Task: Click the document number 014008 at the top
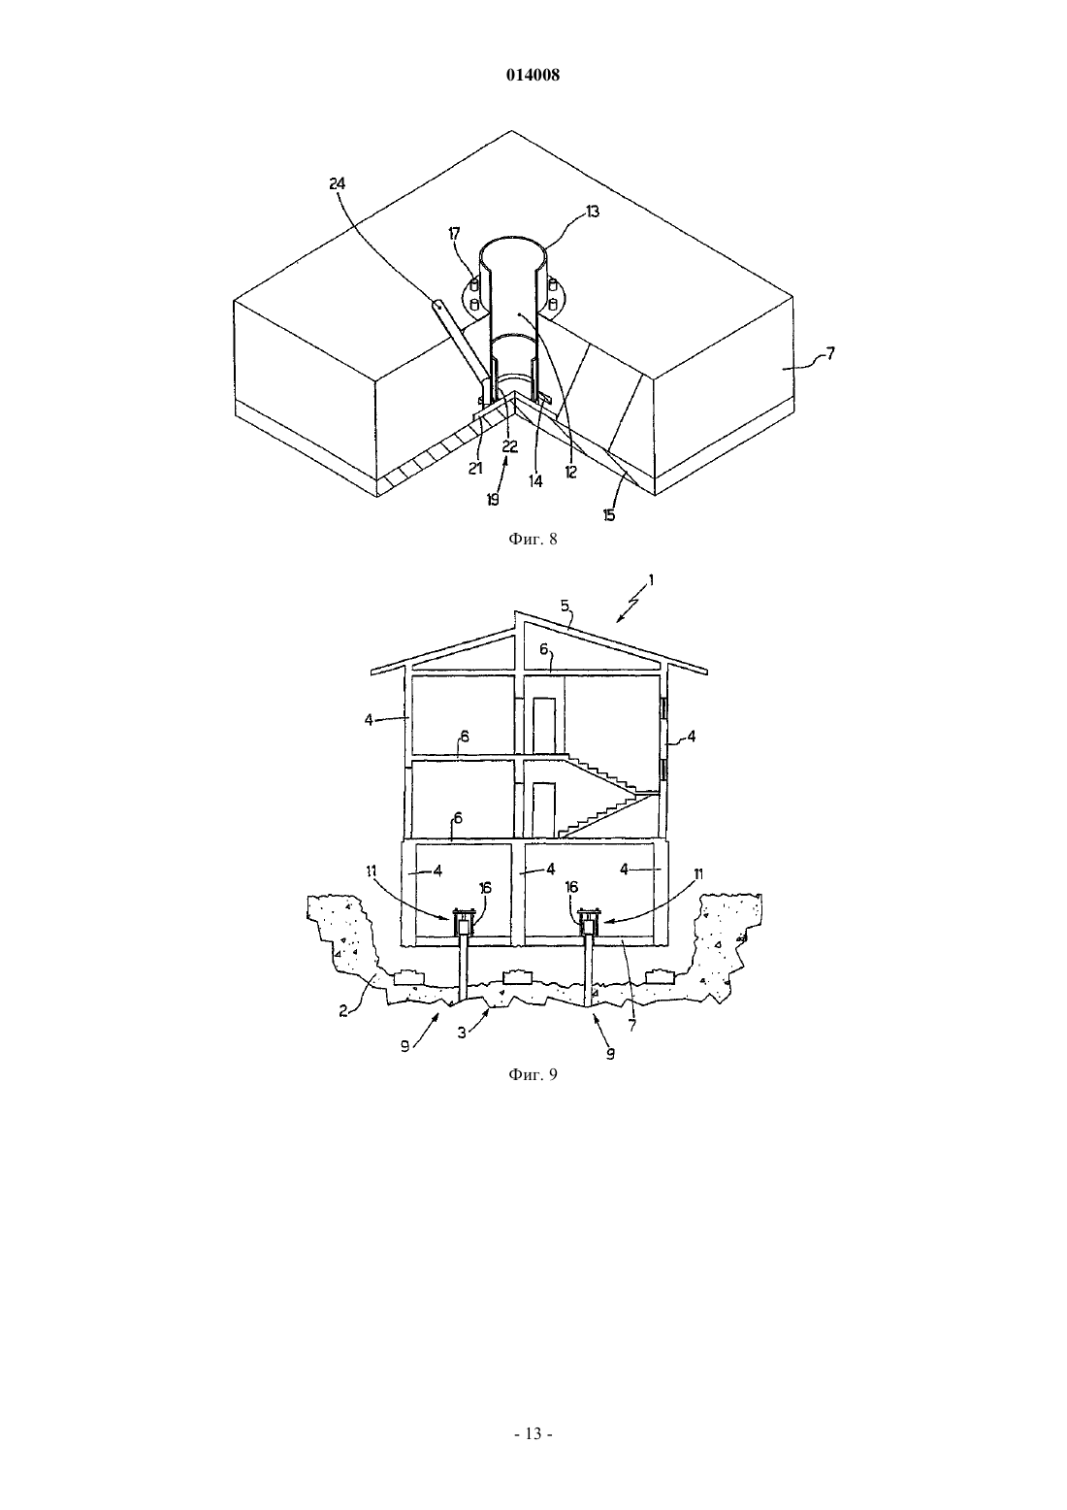click(533, 75)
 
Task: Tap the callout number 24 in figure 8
click(337, 182)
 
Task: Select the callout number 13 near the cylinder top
click(592, 212)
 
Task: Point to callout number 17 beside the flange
click(454, 233)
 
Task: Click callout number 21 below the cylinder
click(475, 468)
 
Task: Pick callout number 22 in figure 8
click(510, 446)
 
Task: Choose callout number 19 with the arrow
click(493, 499)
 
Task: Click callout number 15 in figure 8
click(609, 515)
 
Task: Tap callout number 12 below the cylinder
click(570, 473)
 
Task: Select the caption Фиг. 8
click(533, 539)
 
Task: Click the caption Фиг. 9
click(533, 1074)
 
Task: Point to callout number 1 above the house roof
click(651, 579)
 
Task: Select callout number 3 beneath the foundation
click(462, 1032)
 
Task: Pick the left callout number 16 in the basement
click(485, 888)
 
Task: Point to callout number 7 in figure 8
click(830, 352)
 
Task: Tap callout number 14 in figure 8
click(534, 481)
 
